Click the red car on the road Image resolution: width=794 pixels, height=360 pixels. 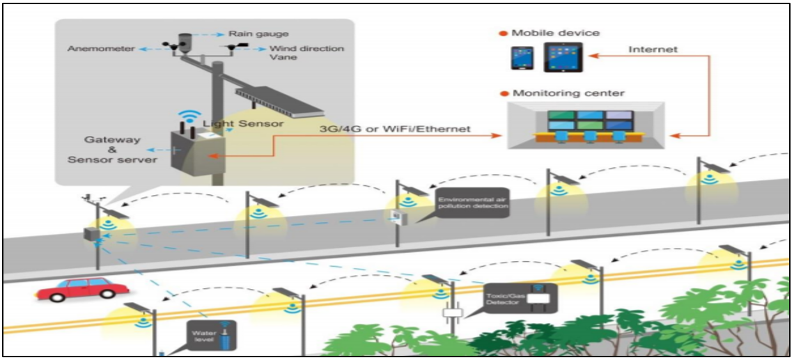coord(82,289)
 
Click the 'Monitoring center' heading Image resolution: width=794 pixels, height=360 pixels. coord(568,93)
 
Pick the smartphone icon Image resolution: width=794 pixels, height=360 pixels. coord(520,58)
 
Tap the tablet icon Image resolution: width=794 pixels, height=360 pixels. coord(563,56)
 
